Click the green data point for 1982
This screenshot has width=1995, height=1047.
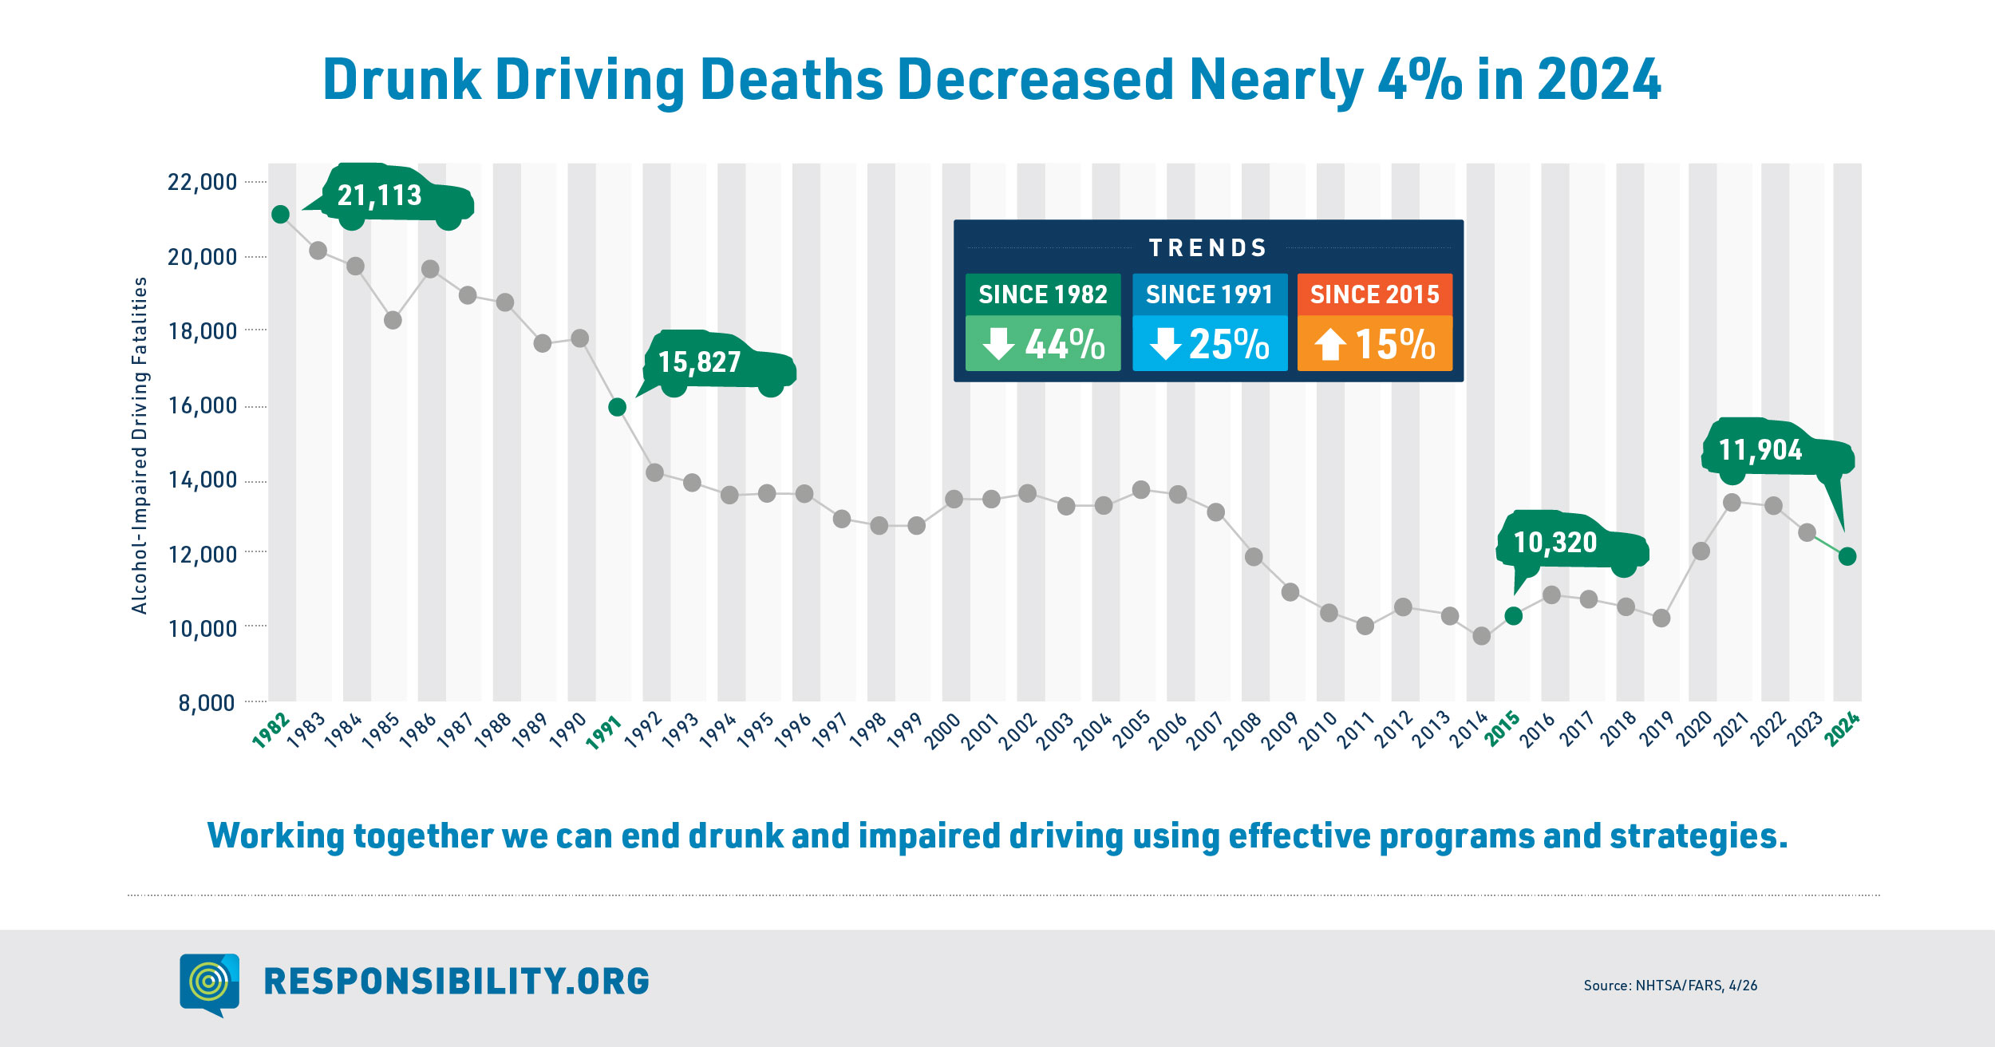[280, 214]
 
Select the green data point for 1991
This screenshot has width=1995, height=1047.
[617, 407]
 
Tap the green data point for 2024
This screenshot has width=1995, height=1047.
[1847, 556]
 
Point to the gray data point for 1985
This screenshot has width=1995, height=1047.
[393, 320]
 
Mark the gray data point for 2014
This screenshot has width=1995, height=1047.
[1481, 636]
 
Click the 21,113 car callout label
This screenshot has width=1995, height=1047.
[379, 196]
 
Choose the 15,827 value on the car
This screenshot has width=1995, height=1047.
[700, 362]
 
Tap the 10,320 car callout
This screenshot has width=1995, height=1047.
[1555, 543]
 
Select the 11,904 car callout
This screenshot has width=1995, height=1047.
[1760, 450]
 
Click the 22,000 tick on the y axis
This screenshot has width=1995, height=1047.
[202, 182]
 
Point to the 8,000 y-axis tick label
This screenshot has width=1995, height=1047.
[207, 703]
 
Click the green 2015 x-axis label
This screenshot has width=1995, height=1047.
[1502, 729]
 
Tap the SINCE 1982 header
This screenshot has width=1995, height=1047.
[1043, 294]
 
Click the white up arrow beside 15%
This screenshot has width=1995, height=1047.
[1330, 345]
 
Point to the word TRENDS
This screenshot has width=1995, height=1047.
[1208, 248]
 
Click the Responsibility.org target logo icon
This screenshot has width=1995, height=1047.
[209, 983]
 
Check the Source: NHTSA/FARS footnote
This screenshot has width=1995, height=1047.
[1670, 986]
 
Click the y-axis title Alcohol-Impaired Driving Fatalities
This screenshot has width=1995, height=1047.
[140, 445]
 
